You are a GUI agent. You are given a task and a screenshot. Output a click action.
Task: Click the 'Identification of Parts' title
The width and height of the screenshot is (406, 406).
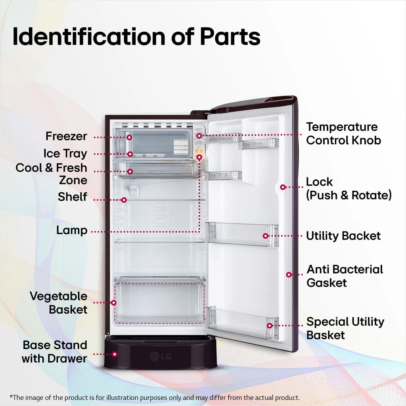coord(136,37)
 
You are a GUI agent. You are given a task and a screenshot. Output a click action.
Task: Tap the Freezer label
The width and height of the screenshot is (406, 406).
coord(66,136)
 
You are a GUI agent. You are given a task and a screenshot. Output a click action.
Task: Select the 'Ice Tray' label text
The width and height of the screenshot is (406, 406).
coord(65,153)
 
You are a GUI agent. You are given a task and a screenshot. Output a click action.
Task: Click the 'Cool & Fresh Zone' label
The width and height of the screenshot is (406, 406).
coord(51,174)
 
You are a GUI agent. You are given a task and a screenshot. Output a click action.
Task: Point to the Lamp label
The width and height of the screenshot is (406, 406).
coord(72,230)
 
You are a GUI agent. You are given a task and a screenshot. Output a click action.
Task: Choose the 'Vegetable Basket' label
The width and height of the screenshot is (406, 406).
coord(59,303)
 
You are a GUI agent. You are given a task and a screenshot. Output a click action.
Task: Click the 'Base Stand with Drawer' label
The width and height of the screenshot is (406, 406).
coord(54,352)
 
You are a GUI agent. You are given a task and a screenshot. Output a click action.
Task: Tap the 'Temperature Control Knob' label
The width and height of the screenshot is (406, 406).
coord(344,134)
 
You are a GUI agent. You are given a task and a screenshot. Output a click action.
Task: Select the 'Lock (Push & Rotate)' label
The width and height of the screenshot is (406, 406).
coord(349,188)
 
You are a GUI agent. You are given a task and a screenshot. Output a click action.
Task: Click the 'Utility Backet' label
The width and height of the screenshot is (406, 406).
coord(343,236)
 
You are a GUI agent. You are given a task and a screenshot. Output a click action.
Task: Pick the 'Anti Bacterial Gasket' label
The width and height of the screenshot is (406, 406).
coord(345,276)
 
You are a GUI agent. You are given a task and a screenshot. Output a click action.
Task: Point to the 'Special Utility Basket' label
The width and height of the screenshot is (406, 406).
coord(345,328)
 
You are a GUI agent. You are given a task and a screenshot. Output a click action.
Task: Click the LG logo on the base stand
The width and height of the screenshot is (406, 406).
coord(161,356)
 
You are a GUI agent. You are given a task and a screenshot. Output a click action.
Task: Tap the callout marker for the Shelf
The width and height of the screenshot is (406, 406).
coord(124,200)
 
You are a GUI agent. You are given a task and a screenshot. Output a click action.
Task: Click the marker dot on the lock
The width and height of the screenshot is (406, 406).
coord(283,187)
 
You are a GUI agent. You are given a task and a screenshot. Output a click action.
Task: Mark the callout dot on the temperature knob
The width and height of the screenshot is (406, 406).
coord(199,136)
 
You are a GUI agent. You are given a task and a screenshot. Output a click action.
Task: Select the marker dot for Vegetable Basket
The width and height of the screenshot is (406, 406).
coord(113,303)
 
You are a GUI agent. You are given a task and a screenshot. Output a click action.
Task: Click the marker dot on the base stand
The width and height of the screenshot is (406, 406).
coord(115,354)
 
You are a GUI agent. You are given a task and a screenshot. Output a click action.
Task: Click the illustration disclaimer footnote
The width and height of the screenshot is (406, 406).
coord(155,397)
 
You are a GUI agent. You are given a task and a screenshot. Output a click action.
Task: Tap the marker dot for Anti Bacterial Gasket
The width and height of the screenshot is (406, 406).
coord(289,274)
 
